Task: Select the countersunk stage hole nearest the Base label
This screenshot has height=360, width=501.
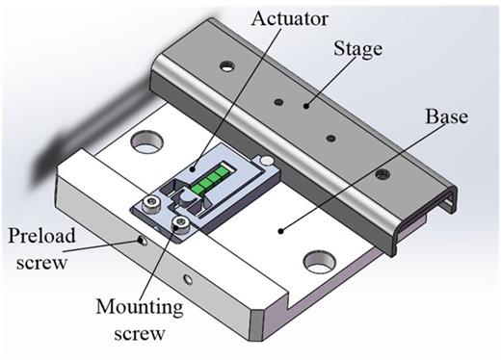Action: [x=383, y=173]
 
